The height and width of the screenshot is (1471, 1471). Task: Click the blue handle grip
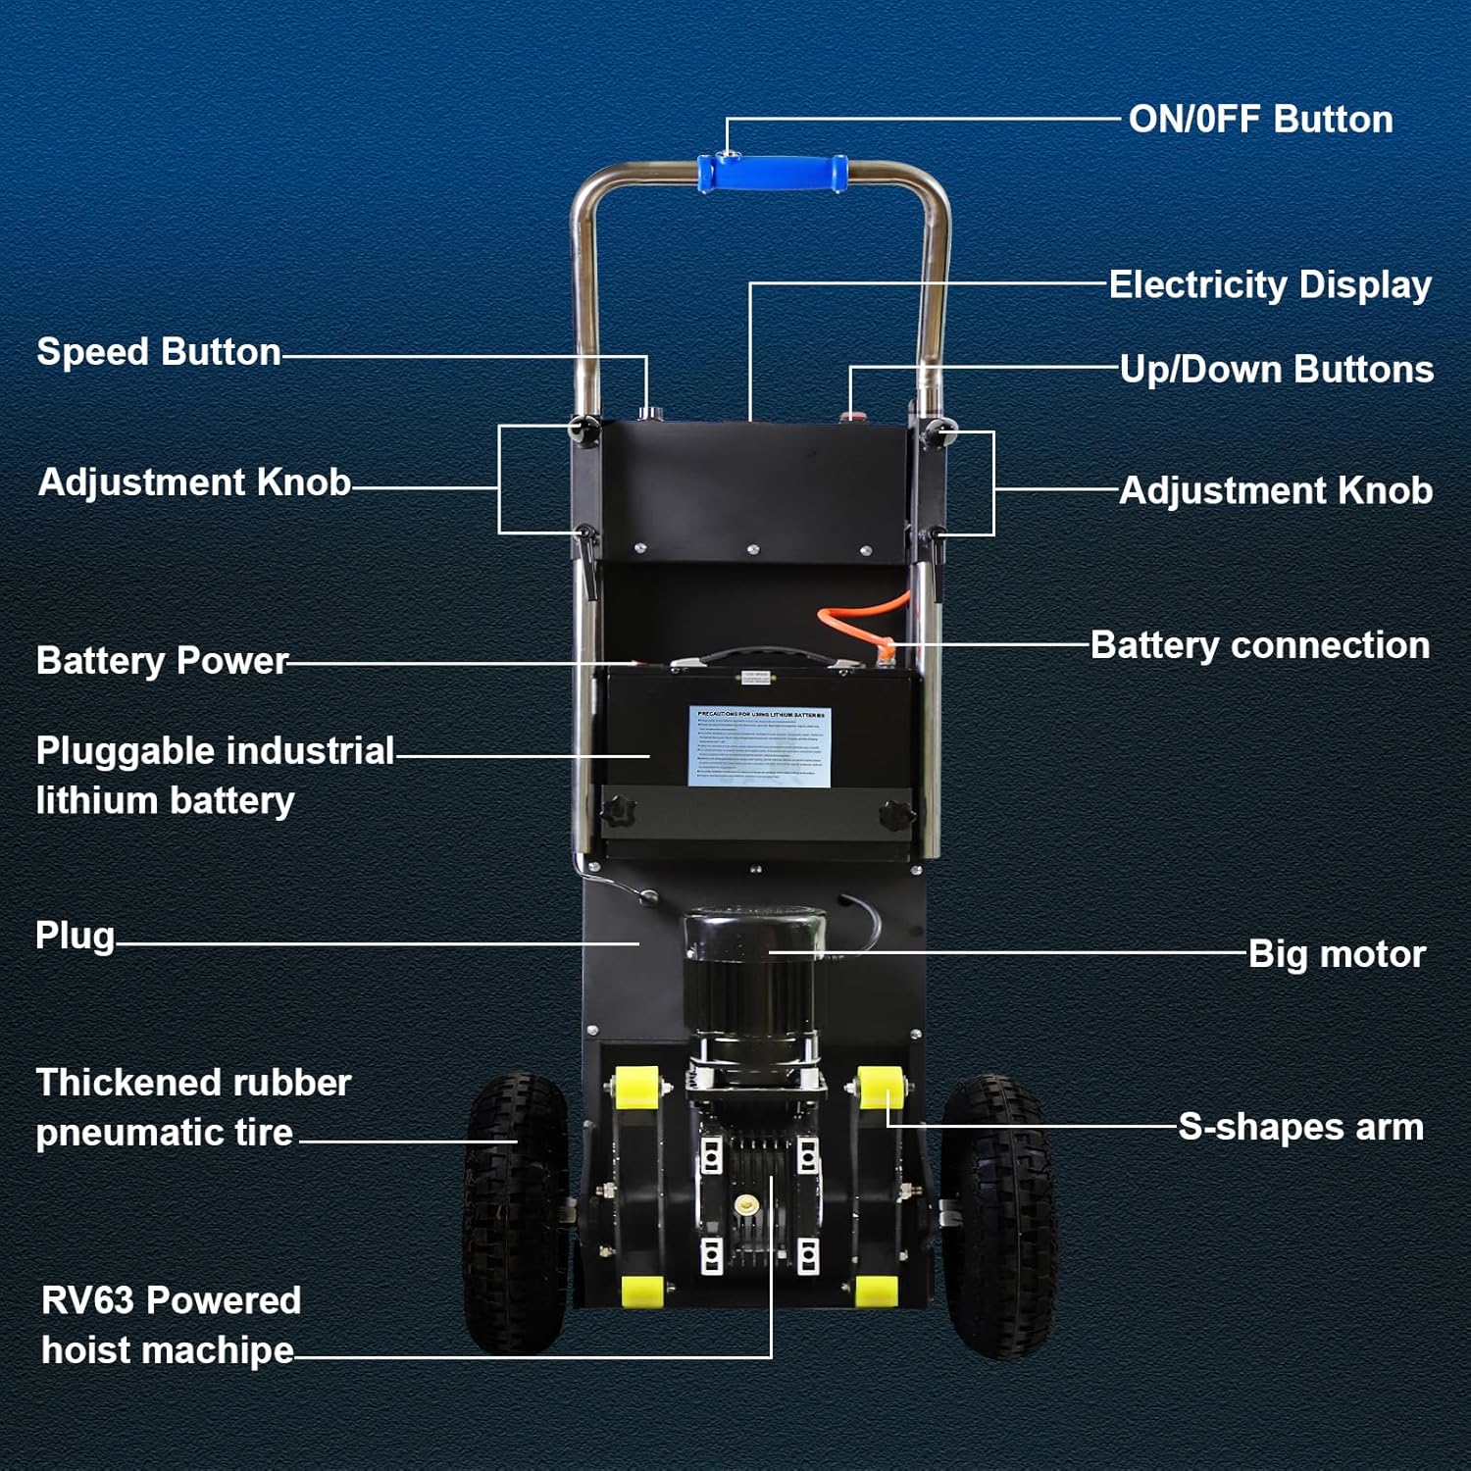[773, 174]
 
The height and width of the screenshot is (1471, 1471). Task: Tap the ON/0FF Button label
[1260, 120]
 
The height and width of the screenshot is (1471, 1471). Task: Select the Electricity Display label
[1270, 285]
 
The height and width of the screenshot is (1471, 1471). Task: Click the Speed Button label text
[159, 352]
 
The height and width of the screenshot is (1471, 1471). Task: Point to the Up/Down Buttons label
[1276, 370]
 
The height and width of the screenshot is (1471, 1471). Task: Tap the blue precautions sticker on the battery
[760, 745]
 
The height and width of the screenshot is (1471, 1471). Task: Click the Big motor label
[1336, 954]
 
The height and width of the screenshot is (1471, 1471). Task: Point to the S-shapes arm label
[1300, 1128]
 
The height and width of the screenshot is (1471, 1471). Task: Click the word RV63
[87, 1301]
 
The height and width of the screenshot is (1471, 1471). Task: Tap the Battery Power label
[162, 661]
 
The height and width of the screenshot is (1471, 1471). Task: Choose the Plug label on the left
[75, 936]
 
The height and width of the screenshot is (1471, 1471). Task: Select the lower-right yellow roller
[876, 1291]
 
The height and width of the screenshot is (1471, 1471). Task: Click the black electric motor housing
[751, 981]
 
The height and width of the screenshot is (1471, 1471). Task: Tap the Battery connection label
[1259, 645]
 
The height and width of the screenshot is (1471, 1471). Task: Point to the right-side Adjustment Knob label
[1275, 490]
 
